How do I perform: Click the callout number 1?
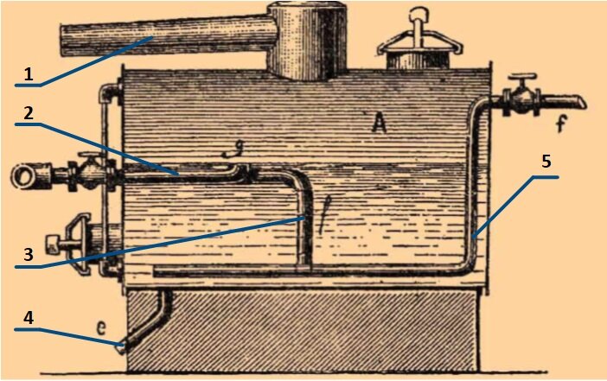pyautogui.click(x=28, y=75)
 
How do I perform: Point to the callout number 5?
pyautogui.click(x=546, y=162)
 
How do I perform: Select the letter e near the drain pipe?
pyautogui.click(x=102, y=328)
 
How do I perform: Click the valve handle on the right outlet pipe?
pyautogui.click(x=521, y=84)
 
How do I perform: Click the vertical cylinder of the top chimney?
pyautogui.click(x=305, y=39)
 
